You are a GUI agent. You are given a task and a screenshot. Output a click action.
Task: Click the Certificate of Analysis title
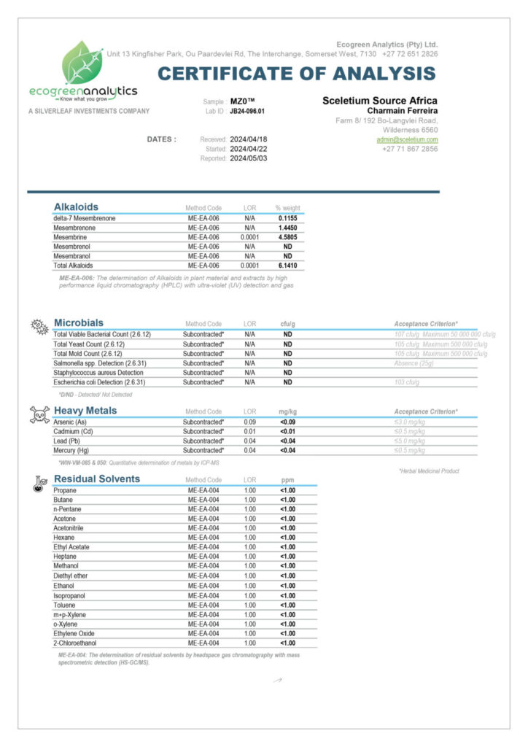[297, 73]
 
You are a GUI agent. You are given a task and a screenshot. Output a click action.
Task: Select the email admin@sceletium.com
[407, 139]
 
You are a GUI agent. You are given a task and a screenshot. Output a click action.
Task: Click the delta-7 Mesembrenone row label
[85, 218]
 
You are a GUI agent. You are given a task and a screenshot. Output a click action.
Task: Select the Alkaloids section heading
[76, 206]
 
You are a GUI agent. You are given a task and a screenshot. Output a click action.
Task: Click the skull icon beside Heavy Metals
[38, 414]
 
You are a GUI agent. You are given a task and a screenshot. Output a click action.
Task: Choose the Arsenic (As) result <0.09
[287, 422]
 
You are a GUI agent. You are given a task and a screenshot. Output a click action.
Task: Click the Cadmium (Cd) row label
[71, 431]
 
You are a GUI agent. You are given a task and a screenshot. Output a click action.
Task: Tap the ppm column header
[287, 480]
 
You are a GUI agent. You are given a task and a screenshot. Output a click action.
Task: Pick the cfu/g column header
[287, 324]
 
